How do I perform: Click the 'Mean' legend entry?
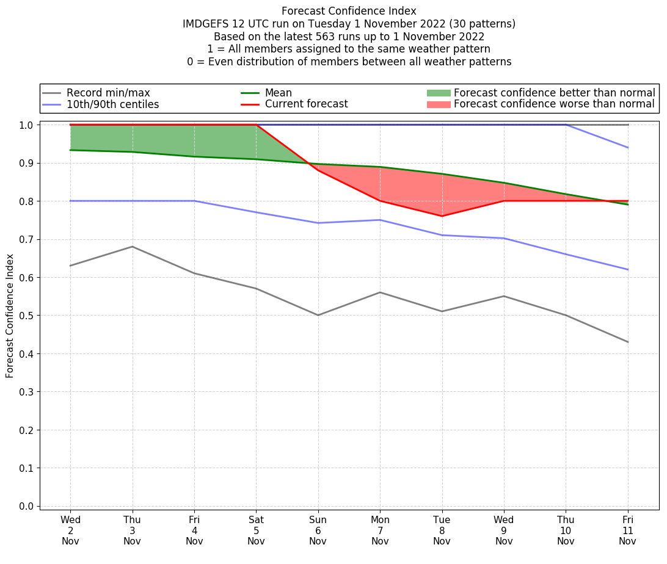(x=278, y=93)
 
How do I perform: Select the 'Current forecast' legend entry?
(x=306, y=104)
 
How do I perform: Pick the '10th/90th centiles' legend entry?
(x=112, y=104)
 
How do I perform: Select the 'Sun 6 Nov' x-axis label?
(x=318, y=531)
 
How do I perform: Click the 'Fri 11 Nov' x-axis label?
(x=627, y=531)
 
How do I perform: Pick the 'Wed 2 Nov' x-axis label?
(x=70, y=531)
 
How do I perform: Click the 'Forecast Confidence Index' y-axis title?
(x=10, y=316)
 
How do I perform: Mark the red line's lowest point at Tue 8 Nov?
(x=442, y=216)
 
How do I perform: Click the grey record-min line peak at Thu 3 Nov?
(x=133, y=247)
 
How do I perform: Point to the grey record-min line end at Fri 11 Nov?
(x=627, y=342)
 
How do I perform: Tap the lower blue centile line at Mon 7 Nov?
(x=380, y=220)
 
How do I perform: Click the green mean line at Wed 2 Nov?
(x=70, y=150)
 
